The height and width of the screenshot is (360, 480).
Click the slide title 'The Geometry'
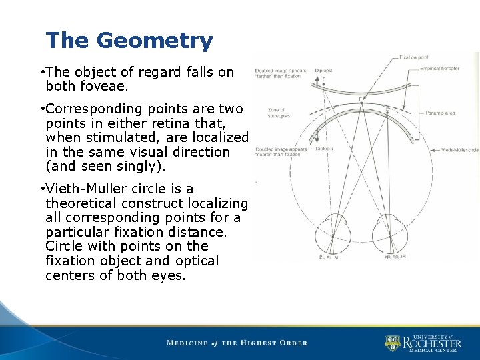pos(129,41)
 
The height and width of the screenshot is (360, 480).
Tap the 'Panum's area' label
pos(441,113)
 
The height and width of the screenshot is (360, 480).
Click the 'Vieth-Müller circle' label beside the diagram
pos(459,150)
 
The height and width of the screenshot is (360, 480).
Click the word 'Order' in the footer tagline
pos(291,343)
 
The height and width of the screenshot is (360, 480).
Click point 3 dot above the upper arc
pos(323,85)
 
